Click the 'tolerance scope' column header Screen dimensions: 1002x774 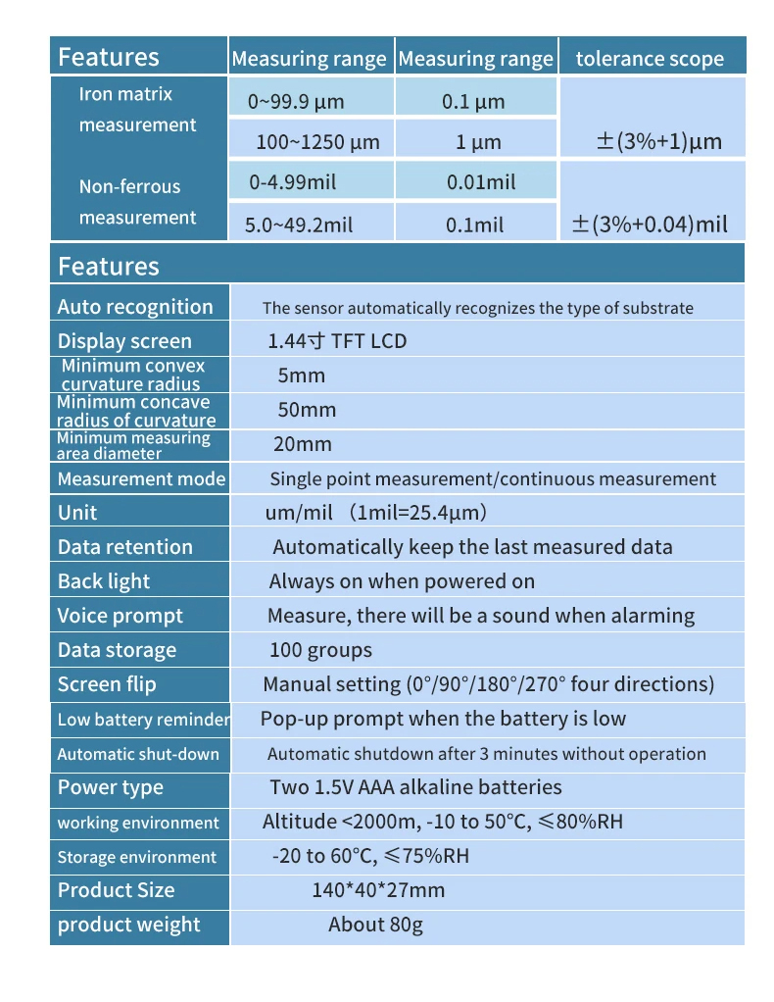[650, 59]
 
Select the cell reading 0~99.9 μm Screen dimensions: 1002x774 [296, 101]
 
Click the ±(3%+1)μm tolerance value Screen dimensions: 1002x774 [658, 141]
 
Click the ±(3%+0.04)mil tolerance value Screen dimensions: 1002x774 [650, 225]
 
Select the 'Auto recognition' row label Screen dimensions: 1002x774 [135, 307]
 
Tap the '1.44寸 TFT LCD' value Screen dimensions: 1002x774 [337, 341]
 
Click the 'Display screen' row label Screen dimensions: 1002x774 [124, 341]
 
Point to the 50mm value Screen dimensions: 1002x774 [307, 410]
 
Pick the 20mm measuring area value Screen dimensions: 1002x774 [303, 444]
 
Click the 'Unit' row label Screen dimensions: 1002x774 [77, 513]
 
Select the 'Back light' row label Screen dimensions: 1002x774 [104, 581]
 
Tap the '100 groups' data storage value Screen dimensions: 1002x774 [320, 650]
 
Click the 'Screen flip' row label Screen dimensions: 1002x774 [107, 684]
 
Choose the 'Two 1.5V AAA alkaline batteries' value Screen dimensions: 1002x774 [415, 787]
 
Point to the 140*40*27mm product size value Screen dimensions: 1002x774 [378, 890]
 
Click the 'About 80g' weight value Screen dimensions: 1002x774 [375, 925]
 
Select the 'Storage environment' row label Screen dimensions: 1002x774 [136, 857]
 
